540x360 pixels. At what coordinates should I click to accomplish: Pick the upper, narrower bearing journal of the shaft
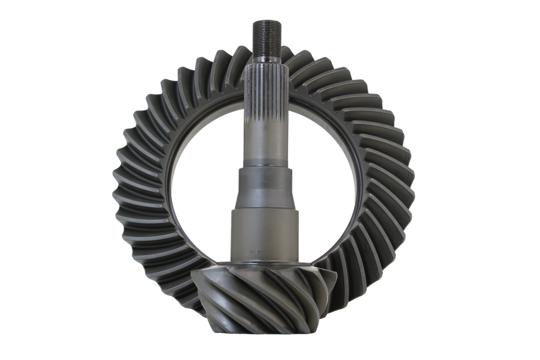pyautogui.click(x=264, y=187)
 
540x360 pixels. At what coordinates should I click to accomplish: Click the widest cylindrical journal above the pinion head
pyautogui.click(x=265, y=235)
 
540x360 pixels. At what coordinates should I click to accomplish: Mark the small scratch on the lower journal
pyautogui.click(x=257, y=251)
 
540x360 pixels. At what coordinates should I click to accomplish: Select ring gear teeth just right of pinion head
pyautogui.click(x=345, y=280)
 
